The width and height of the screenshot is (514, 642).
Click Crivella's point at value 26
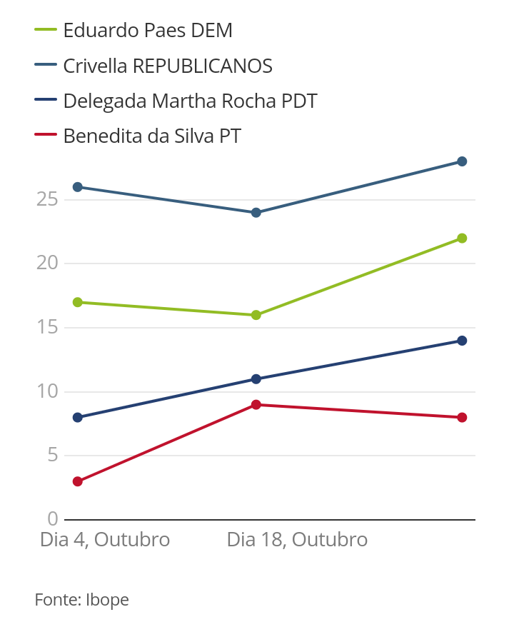coord(78,187)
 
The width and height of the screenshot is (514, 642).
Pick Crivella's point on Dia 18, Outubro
coord(256,213)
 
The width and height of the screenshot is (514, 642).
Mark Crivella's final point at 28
coord(462,161)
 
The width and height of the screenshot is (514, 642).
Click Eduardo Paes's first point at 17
coord(78,302)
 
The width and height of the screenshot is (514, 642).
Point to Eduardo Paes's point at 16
coord(256,315)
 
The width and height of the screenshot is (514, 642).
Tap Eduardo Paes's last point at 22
coord(462,239)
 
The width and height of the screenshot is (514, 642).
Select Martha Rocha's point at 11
coord(256,379)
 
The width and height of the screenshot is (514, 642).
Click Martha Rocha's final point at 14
coord(462,341)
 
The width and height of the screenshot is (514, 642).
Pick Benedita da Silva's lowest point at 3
coord(78,481)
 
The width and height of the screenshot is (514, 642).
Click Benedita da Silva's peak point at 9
coord(256,405)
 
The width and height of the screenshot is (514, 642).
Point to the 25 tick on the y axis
coord(46,199)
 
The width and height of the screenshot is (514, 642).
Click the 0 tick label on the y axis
coord(52,519)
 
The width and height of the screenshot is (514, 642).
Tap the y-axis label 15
coord(46,327)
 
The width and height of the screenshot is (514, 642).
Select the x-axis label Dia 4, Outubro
coord(105,540)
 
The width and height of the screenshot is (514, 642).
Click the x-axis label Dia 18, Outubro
coord(297,540)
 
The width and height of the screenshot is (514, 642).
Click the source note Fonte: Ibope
coord(82,600)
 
